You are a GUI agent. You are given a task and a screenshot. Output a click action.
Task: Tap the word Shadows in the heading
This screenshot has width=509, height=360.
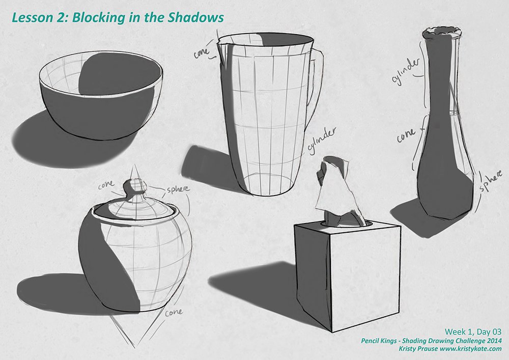click(195, 17)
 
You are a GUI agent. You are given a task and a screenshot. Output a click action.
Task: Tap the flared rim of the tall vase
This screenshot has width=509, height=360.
click(441, 33)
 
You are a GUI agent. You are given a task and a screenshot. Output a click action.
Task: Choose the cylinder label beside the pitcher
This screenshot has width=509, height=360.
click(321, 141)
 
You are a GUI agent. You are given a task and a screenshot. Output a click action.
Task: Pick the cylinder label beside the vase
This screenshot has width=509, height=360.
click(405, 71)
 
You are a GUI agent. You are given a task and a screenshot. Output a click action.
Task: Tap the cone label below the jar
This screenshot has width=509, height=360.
click(174, 312)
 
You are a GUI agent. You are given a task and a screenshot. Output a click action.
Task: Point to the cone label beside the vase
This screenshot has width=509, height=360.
click(406, 135)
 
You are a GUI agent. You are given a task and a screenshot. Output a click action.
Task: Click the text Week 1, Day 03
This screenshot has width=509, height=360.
click(473, 331)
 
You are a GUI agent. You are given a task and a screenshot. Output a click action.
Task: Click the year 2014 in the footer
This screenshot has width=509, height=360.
click(494, 341)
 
